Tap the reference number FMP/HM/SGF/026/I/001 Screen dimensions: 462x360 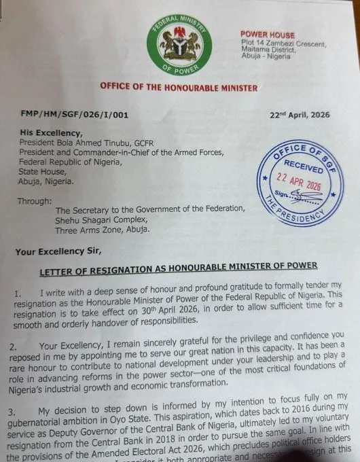(63, 115)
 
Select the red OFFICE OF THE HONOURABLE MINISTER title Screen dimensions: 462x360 (179, 87)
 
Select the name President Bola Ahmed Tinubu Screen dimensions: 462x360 (93, 145)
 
